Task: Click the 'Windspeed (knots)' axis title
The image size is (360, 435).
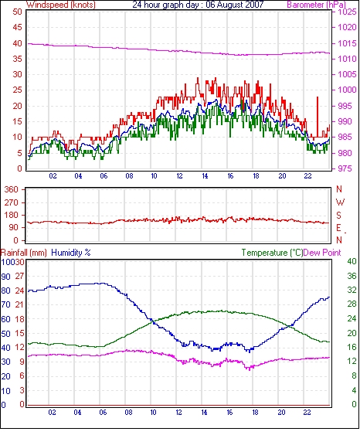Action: pyautogui.click(x=61, y=5)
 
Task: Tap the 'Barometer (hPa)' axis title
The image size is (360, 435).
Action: pyautogui.click(x=316, y=5)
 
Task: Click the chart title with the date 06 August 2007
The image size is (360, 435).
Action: pyautogui.click(x=198, y=5)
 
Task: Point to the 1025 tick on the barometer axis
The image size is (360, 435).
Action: pyautogui.click(x=347, y=12)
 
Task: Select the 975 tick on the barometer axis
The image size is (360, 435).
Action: pyautogui.click(x=345, y=168)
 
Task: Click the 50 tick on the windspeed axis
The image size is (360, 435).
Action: pyautogui.click(x=17, y=12)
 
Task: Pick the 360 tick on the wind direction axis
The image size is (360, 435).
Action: pyautogui.click(x=11, y=190)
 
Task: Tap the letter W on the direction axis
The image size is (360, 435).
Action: pyautogui.click(x=340, y=202)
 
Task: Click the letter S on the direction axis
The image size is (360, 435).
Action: pyautogui.click(x=338, y=215)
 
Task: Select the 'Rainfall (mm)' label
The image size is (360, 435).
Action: pyautogui.click(x=24, y=253)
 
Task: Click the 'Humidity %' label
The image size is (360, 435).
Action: pyautogui.click(x=71, y=253)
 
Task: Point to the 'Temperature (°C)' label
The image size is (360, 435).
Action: pyautogui.click(x=272, y=253)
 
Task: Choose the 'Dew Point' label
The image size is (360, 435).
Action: pyautogui.click(x=322, y=253)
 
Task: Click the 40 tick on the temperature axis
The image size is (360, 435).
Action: pyautogui.click(x=352, y=261)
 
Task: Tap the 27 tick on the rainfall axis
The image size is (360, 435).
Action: pyautogui.click(x=19, y=277)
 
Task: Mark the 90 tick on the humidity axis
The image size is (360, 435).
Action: pyautogui.click(x=6, y=277)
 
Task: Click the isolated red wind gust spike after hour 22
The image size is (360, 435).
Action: pyautogui.click(x=318, y=117)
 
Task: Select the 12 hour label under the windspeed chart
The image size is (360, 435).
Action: pyautogui.click(x=179, y=176)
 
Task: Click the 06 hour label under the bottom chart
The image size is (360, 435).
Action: pyautogui.click(x=103, y=413)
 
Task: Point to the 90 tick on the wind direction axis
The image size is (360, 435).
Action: pyautogui.click(x=14, y=227)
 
